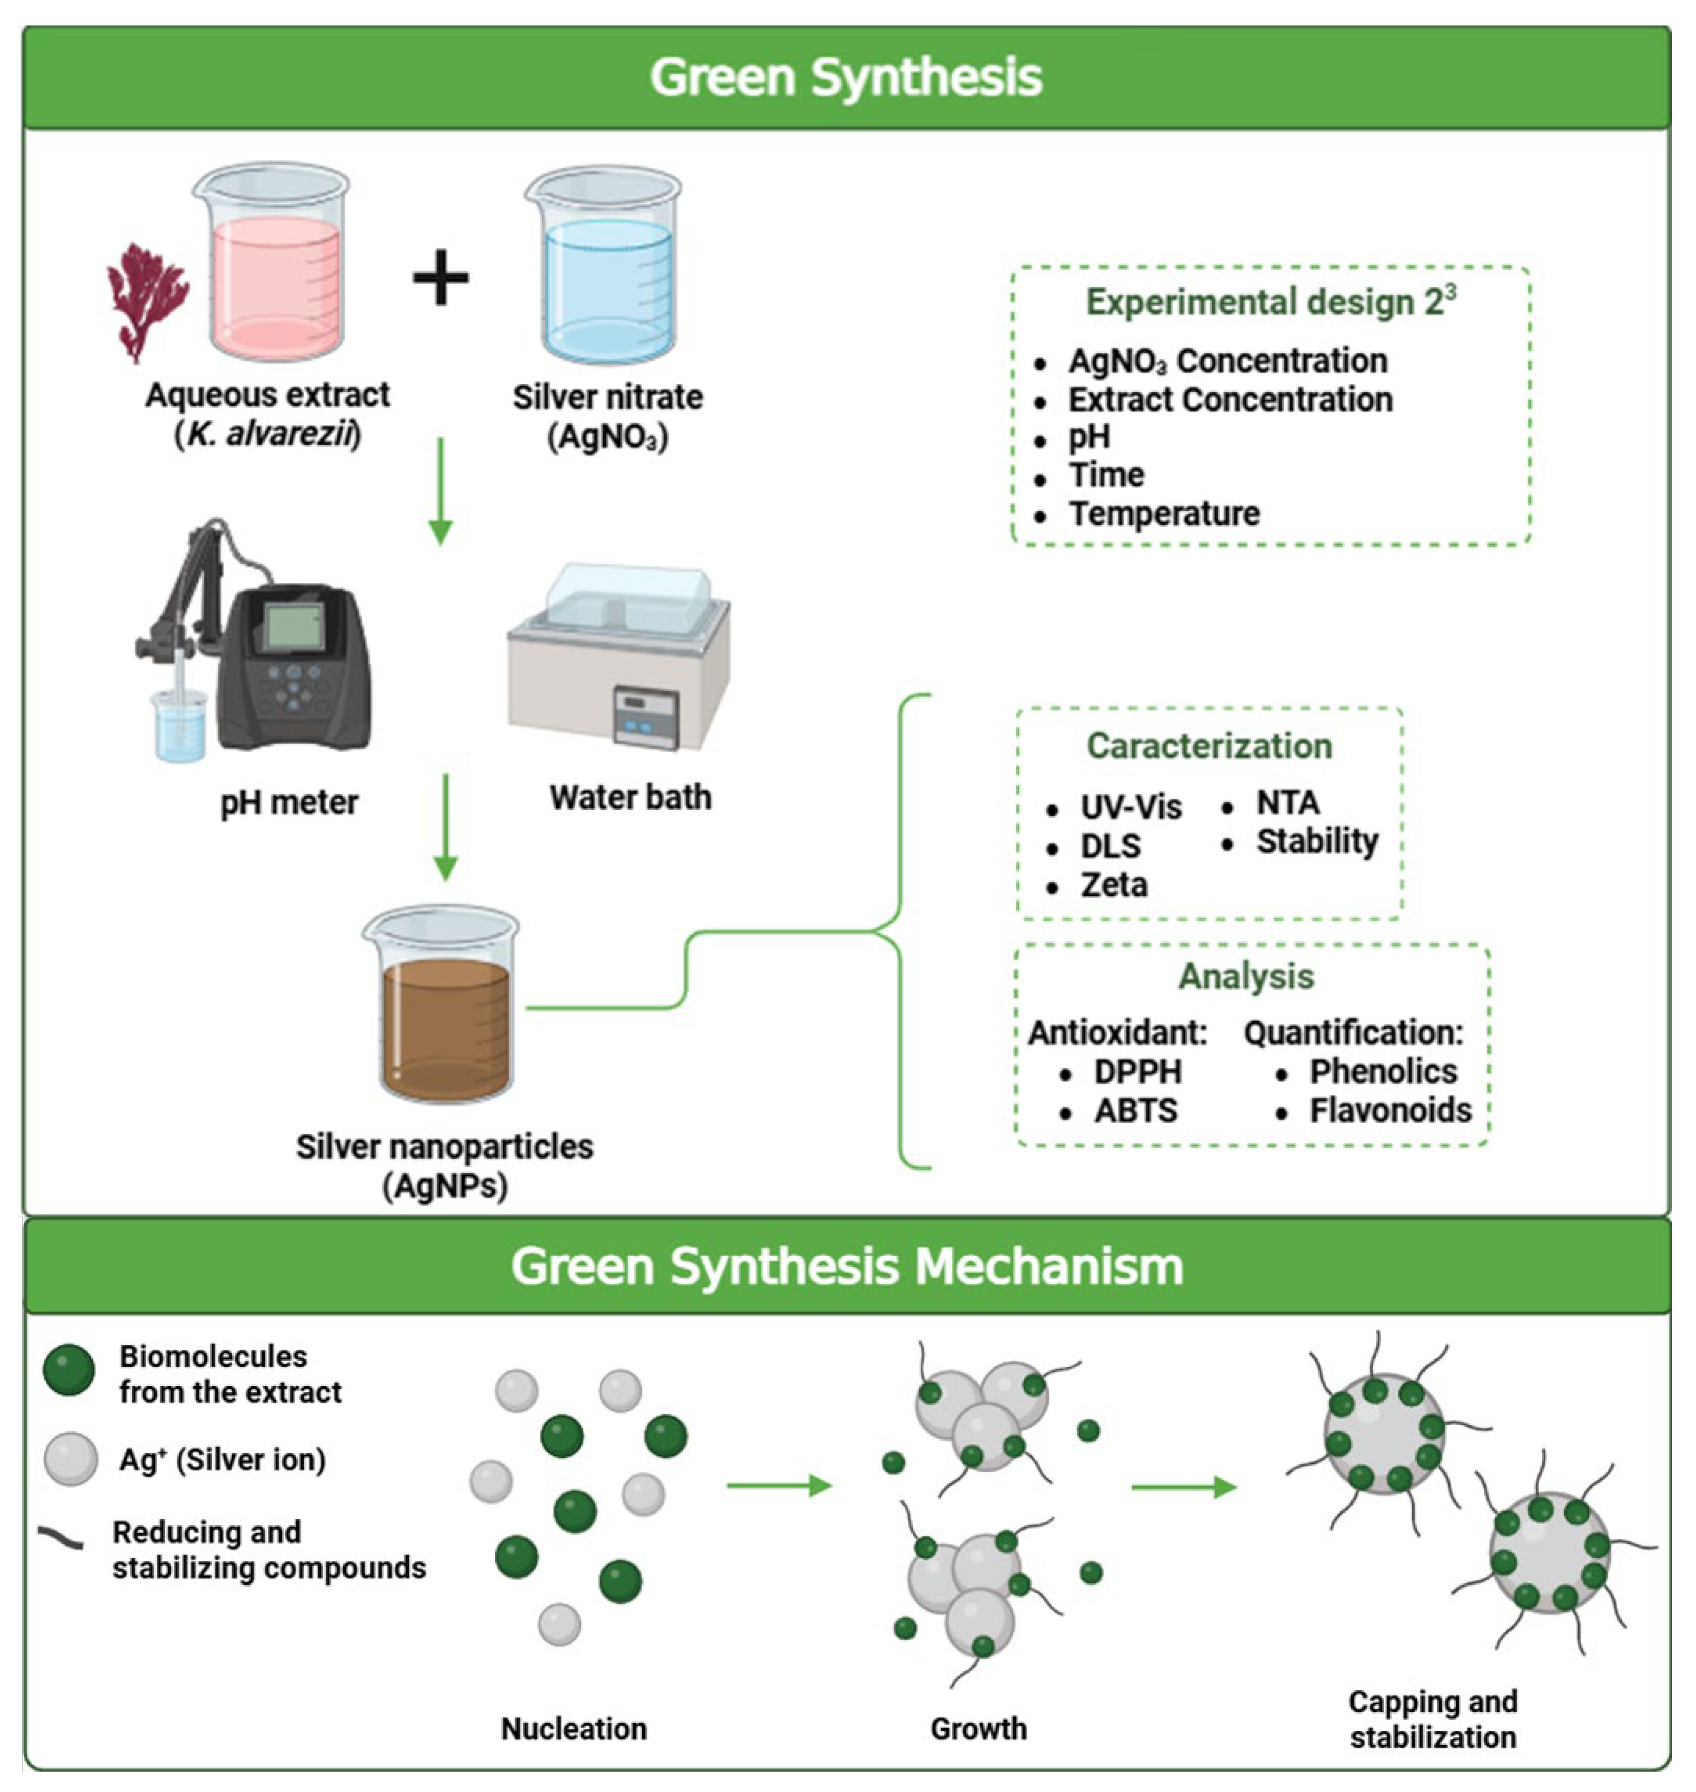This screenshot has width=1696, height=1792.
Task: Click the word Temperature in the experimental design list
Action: [1164, 514]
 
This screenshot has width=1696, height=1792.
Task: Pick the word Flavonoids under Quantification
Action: [1390, 1110]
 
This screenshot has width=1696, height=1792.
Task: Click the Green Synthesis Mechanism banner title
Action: [847, 1266]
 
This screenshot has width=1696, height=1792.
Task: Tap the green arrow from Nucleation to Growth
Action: [779, 1486]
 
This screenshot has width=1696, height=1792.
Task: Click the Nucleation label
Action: [574, 1728]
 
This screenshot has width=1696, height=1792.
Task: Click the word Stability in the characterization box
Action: [1317, 842]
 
